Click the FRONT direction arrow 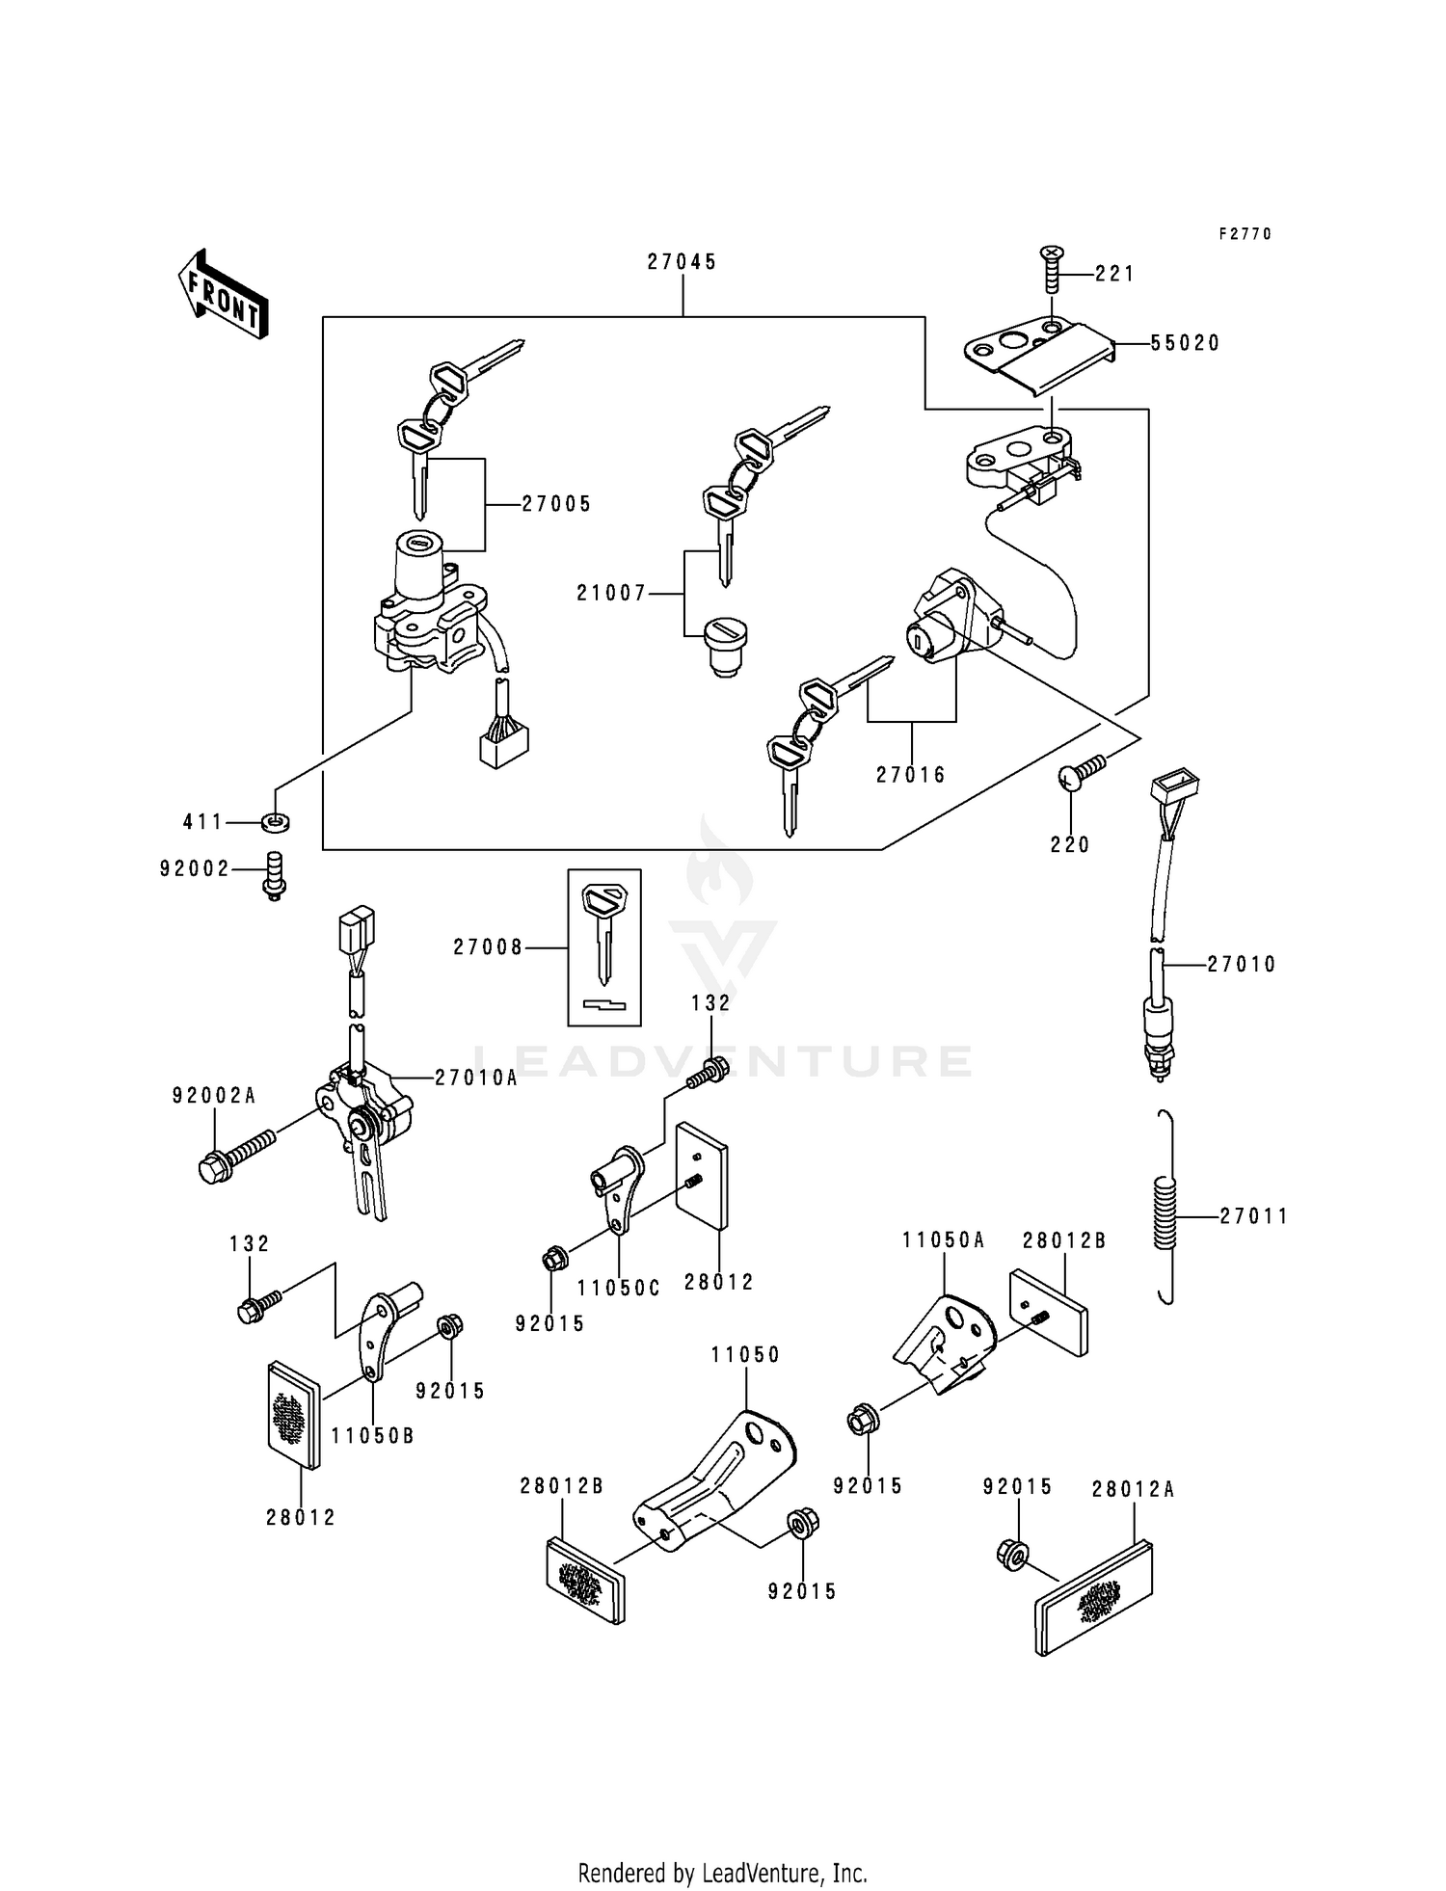coord(222,293)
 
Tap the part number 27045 coord(682,262)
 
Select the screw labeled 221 coord(1051,270)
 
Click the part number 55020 coord(1185,343)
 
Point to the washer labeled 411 coord(276,823)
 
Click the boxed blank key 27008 coord(604,948)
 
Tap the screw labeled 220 coord(1082,772)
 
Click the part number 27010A coord(475,1079)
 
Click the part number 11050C coord(618,1288)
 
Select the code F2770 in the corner coord(1245,234)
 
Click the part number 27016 coord(911,774)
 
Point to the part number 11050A coord(944,1240)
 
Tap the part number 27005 coord(556,504)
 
